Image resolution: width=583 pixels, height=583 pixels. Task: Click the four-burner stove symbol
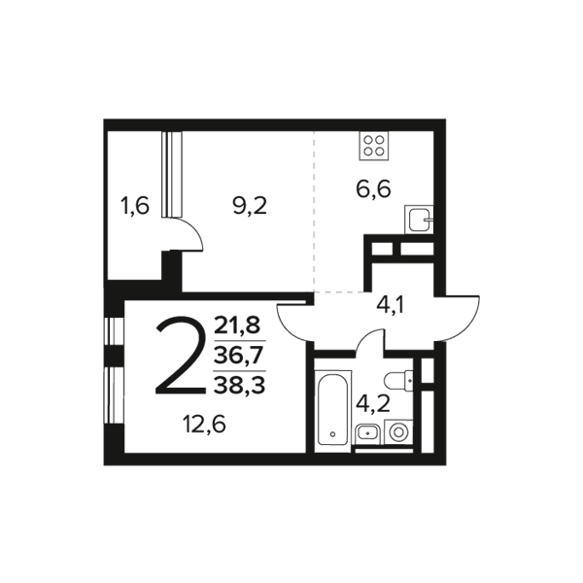pos(374,146)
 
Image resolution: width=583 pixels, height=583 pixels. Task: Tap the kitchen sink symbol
pos(419,220)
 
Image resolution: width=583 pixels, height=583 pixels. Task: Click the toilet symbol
pos(398,381)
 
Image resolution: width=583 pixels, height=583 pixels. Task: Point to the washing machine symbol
pos(398,432)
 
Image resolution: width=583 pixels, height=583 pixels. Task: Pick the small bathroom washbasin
pos(367,434)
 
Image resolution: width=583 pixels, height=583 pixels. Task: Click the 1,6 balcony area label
pos(135,206)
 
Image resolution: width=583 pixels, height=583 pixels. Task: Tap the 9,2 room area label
pos(250,206)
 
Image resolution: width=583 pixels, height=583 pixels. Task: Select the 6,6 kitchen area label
pos(373,189)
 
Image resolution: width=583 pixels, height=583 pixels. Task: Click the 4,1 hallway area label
pos(390,306)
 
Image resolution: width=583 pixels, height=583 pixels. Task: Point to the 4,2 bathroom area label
pos(373,404)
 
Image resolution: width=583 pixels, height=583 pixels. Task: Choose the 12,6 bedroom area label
pos(204,424)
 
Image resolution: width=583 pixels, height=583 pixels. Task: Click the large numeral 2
pos(181,356)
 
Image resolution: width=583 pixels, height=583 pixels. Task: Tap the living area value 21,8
pos(238,326)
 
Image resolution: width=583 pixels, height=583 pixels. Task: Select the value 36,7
pos(239,356)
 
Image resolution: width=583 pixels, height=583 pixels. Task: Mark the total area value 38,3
pos(239,385)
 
